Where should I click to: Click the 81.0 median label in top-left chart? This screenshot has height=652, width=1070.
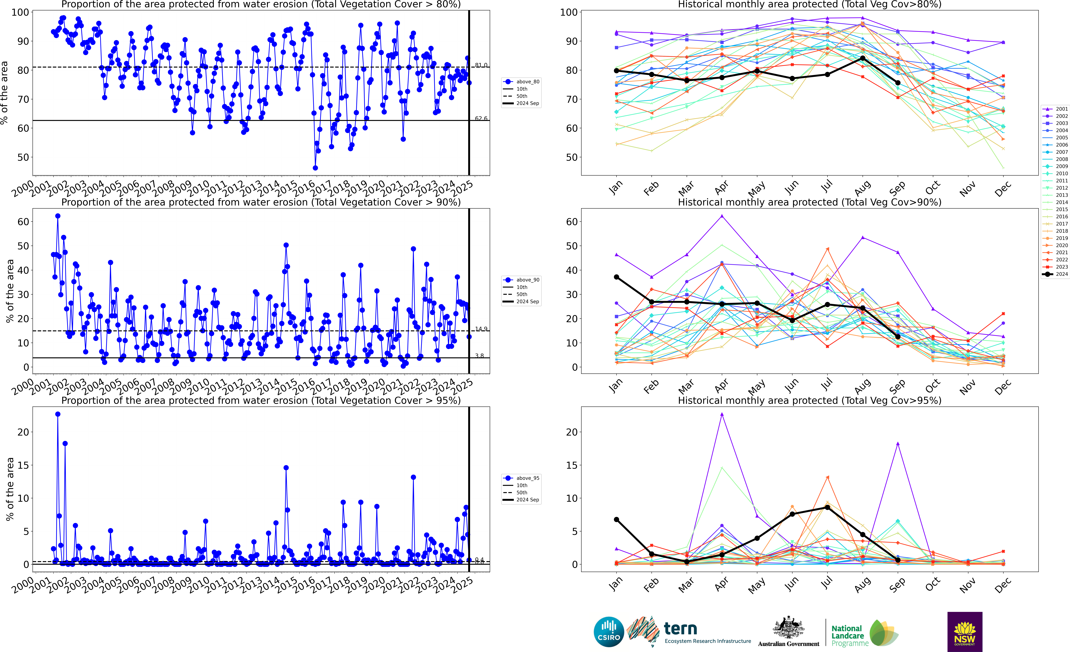click(481, 65)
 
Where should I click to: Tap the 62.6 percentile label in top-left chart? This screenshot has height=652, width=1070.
click(481, 118)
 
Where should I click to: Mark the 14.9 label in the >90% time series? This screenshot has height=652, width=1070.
click(481, 329)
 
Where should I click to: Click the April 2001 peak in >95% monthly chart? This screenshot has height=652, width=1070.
click(722, 414)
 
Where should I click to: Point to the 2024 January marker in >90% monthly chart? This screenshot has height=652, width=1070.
click(616, 277)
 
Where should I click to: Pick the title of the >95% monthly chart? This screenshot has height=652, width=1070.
click(809, 400)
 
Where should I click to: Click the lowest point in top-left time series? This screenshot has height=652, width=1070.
click(315, 168)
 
